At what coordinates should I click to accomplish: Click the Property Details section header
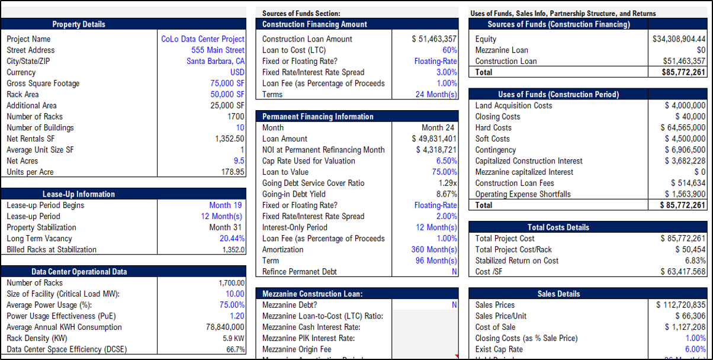pos(79,24)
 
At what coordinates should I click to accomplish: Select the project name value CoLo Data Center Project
pos(203,39)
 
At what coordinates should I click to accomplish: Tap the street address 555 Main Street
pos(218,50)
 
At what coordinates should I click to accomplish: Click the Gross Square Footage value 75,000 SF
pos(227,83)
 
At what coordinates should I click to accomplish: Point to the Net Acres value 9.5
pos(239,160)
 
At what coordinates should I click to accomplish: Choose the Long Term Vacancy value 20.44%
pos(232,239)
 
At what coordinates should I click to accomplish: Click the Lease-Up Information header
pos(79,194)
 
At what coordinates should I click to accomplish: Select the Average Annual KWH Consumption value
pos(225,327)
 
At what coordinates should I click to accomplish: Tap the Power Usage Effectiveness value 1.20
pos(237,316)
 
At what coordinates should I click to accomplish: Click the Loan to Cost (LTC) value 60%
pos(449,50)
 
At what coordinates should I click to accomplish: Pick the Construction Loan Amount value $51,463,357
pos(434,39)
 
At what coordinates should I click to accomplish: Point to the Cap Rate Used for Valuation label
pos(309,160)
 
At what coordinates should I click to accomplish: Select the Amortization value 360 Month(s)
pos(434,249)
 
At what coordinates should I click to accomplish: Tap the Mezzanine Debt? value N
pos(454,305)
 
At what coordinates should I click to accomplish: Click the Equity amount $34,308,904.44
pos(679,39)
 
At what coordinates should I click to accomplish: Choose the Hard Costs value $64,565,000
pos(683,128)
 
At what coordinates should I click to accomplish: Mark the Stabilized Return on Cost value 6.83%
pos(695,261)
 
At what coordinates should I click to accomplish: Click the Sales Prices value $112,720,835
pos(680,305)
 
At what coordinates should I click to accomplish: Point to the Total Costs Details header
pos(558,227)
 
